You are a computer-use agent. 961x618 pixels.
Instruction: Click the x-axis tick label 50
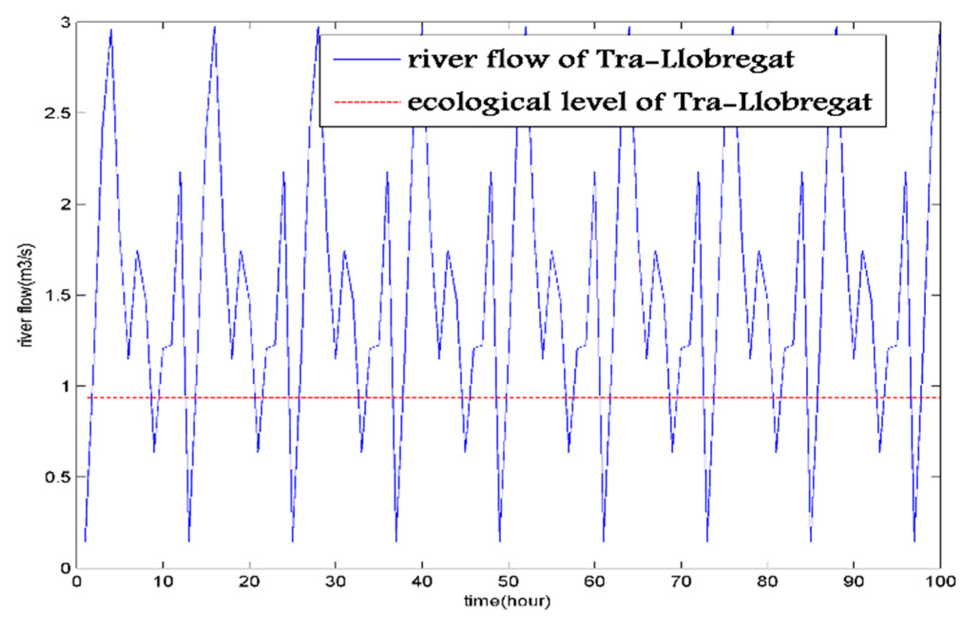(x=508, y=581)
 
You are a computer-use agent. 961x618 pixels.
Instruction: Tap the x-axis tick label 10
(x=162, y=581)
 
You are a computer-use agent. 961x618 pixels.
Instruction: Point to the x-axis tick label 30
(x=335, y=581)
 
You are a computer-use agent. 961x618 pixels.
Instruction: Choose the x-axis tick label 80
(x=767, y=581)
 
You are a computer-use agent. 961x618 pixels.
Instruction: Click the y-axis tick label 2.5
(x=57, y=114)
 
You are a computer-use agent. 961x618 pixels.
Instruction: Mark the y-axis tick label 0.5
(x=57, y=477)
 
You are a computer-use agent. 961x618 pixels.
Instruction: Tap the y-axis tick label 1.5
(x=57, y=295)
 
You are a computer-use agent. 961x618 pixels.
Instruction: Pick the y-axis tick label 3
(x=66, y=23)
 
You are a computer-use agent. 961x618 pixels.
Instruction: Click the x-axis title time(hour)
(x=507, y=601)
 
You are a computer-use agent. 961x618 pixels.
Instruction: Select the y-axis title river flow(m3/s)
(x=27, y=295)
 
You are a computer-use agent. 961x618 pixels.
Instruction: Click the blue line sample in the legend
(x=366, y=59)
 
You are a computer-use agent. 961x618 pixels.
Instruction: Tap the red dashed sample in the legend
(x=366, y=102)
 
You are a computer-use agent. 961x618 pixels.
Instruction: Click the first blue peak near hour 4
(x=111, y=29)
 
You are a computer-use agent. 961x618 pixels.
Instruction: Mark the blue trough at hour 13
(x=189, y=541)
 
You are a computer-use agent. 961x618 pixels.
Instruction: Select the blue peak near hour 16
(x=215, y=27)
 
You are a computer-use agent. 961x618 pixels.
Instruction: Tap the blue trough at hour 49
(x=500, y=541)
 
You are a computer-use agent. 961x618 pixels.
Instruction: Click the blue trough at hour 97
(x=914, y=541)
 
